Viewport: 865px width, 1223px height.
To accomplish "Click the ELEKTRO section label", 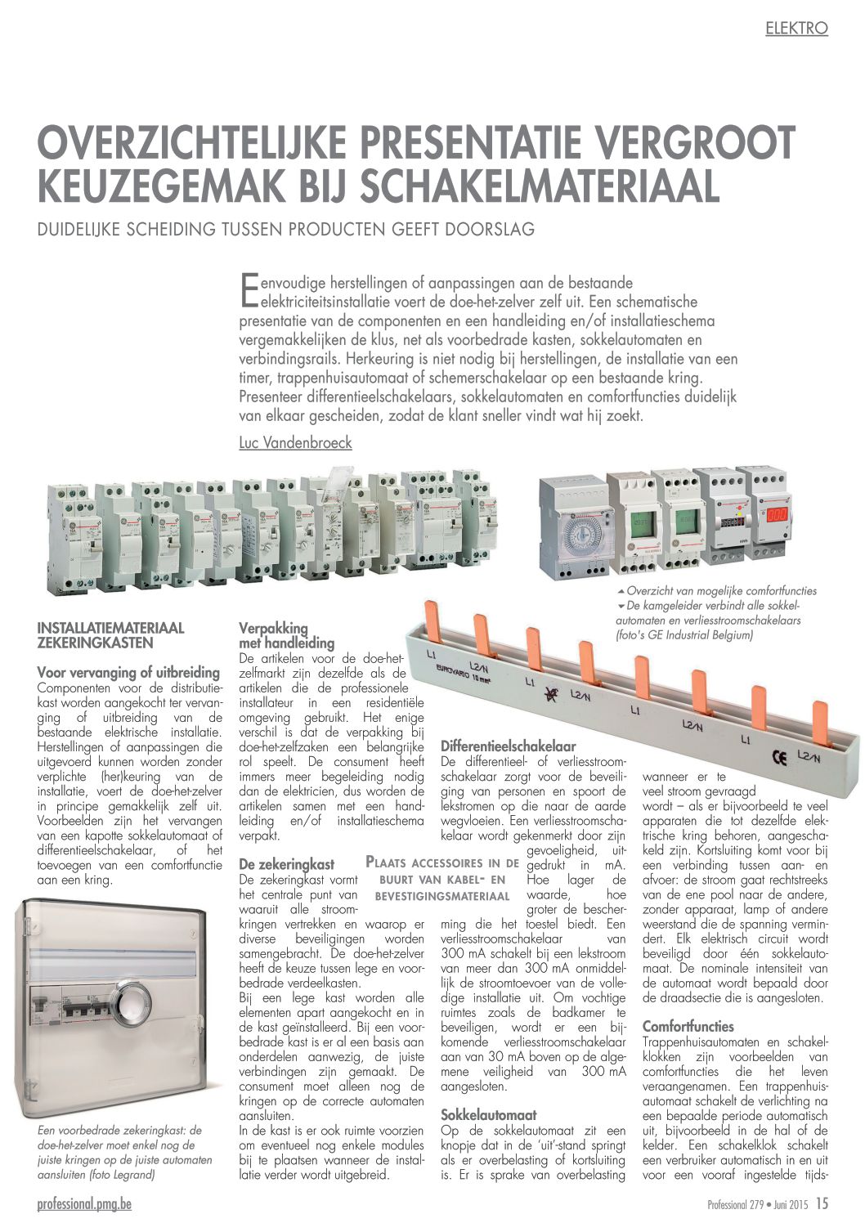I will pos(796,29).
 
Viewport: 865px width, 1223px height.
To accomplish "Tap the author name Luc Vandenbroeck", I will pos(295,442).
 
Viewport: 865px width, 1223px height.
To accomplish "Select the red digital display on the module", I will pos(777,515).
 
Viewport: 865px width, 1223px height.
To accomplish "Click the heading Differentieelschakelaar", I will pos(508,746).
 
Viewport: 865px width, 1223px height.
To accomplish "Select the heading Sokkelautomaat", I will pos(488,1114).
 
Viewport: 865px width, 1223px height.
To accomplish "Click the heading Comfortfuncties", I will pos(688,1026).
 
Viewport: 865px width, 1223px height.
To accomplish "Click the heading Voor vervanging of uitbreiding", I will pos(128,672).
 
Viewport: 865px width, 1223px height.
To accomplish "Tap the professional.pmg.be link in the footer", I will pos(84,1203).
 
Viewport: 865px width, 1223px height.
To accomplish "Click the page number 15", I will pos(822,1203).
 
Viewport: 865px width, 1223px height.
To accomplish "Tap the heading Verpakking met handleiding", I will pos(286,635).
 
